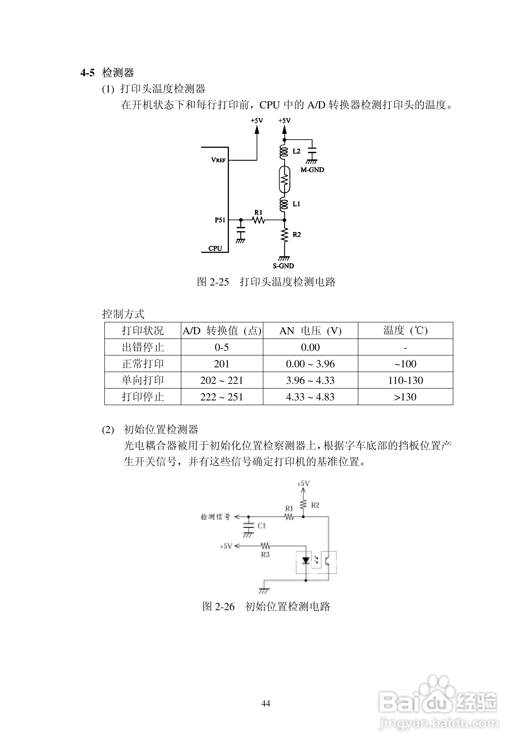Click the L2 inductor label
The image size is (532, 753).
tap(296, 151)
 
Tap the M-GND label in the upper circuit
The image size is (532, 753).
tap(312, 170)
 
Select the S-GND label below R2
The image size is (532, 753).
tap(283, 266)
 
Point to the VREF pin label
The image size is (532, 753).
tap(218, 160)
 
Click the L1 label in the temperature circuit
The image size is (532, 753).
tap(296, 204)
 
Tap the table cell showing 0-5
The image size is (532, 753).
tap(222, 347)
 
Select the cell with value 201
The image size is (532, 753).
tap(222, 364)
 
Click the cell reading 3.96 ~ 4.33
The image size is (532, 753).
tap(310, 381)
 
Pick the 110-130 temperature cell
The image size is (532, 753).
tap(405, 381)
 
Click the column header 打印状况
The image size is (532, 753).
tap(143, 331)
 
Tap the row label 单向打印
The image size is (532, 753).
tap(143, 381)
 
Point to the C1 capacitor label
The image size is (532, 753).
tap(261, 526)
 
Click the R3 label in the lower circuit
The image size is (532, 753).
tap(265, 555)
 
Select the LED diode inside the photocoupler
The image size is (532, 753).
tap(306, 560)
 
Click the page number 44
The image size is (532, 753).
tap(266, 703)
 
